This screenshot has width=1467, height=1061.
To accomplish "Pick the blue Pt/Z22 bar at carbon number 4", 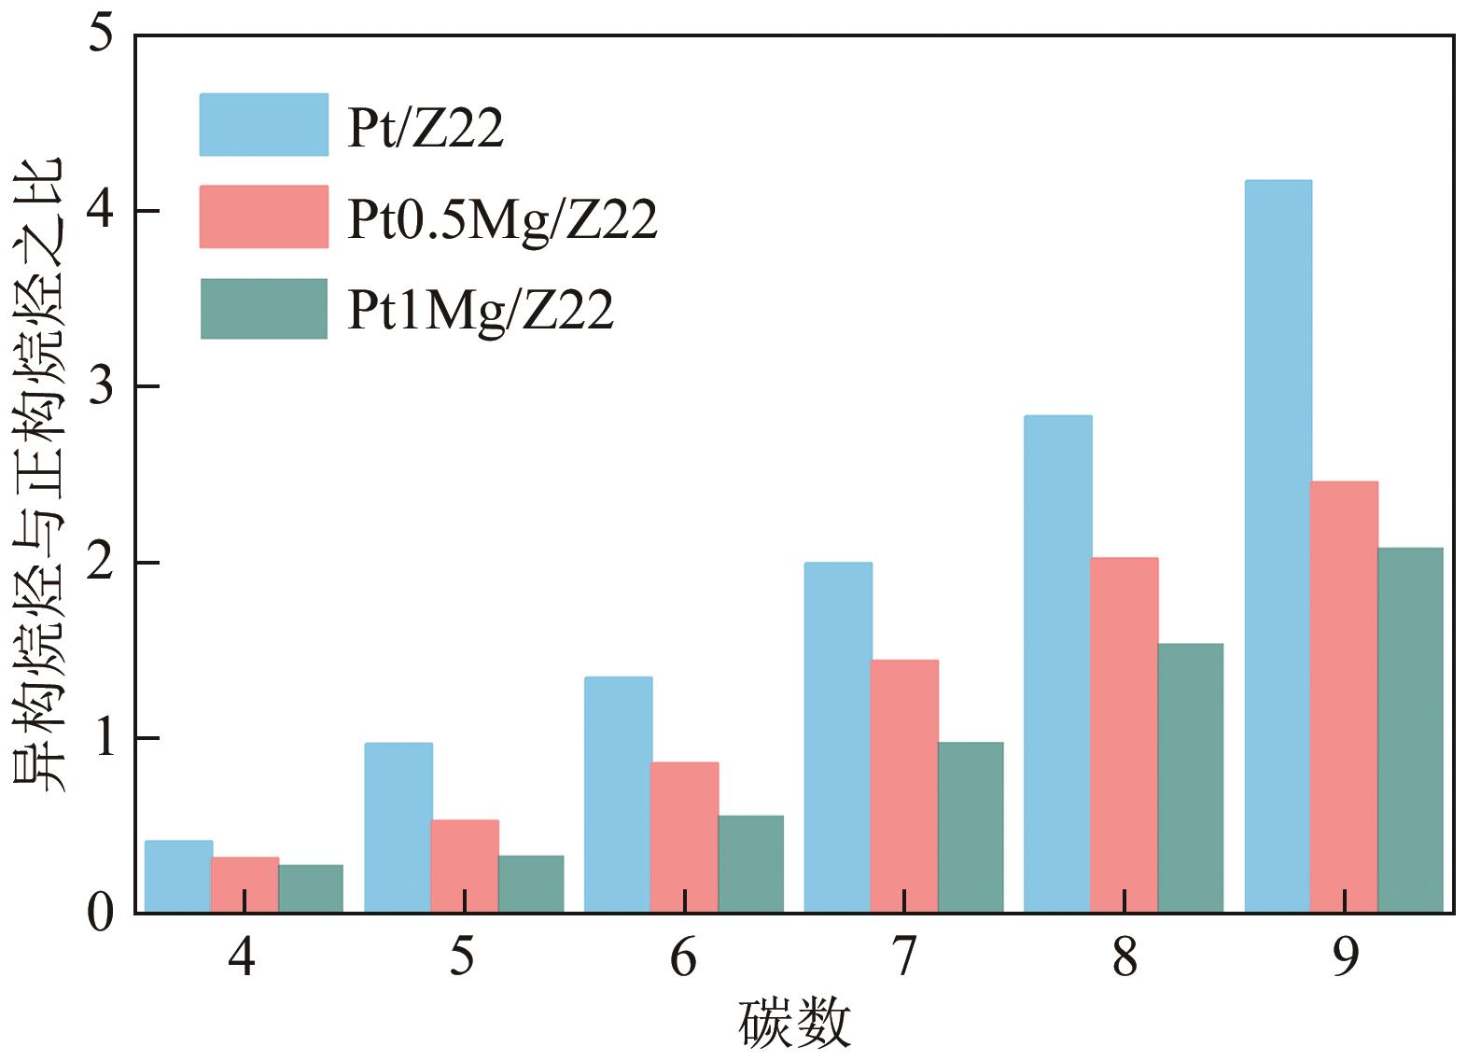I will tap(178, 876).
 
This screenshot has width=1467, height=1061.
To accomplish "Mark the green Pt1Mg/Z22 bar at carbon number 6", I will tap(750, 864).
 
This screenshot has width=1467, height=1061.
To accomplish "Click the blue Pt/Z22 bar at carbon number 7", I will tap(837, 737).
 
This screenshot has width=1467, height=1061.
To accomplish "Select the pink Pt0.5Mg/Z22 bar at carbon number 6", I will tap(684, 837).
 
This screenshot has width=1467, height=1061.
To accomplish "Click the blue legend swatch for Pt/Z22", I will tap(263, 124).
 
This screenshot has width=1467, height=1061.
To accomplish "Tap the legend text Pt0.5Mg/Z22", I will tap(502, 220).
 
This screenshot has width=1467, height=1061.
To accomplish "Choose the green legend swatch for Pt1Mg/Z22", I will tap(263, 309).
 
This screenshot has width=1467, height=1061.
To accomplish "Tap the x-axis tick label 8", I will tap(1125, 957).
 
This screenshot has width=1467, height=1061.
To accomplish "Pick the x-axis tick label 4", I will tap(243, 957).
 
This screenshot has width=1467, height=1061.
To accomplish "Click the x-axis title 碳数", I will tap(794, 1024).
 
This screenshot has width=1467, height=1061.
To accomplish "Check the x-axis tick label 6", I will tap(683, 957).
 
